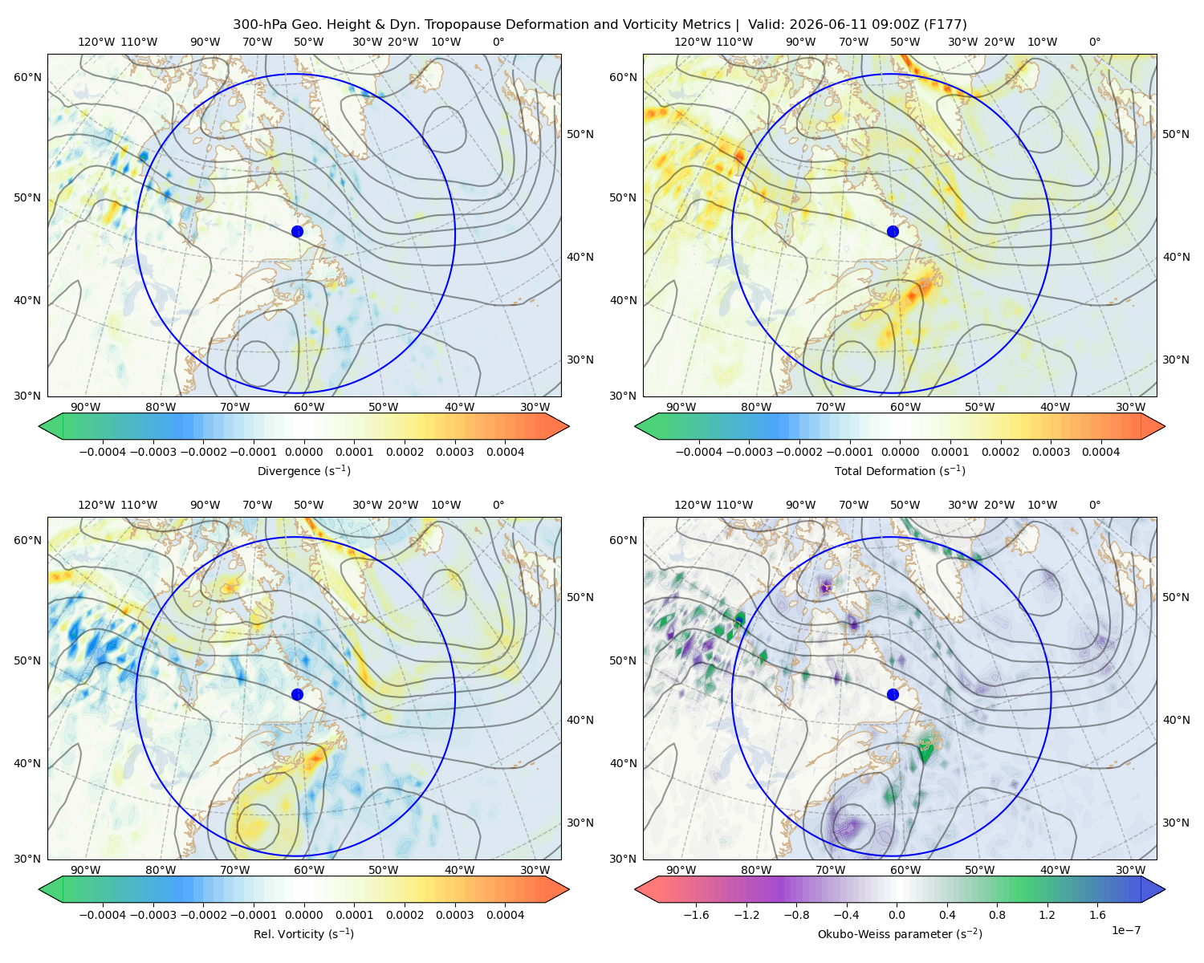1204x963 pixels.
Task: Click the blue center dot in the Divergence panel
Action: [297, 231]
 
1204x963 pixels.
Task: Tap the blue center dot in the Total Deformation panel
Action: [893, 231]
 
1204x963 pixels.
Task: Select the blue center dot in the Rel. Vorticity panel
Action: [297, 694]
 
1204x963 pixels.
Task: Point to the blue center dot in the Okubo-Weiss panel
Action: [893, 694]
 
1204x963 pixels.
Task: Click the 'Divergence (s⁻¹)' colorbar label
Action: [303, 470]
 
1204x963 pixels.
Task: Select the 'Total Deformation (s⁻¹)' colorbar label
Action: [900, 470]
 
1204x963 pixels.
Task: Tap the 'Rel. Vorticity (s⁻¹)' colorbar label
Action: [303, 933]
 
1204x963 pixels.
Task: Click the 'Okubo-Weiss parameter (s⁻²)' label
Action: [900, 933]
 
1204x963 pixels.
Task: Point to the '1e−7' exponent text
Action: [1125, 930]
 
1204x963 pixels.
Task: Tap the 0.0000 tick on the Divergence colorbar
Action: [303, 452]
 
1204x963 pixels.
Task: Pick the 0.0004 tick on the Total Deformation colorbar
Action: [1100, 452]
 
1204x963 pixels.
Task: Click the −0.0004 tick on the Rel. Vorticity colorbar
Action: [103, 915]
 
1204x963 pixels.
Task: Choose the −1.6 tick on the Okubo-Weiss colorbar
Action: [696, 915]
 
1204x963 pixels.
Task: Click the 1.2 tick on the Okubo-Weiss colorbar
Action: [1047, 915]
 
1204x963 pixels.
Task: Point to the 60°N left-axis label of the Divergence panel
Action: [27, 77]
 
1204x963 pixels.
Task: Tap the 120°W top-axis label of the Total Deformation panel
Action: [692, 42]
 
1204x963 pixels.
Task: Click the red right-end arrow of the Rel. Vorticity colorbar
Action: [557, 889]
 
